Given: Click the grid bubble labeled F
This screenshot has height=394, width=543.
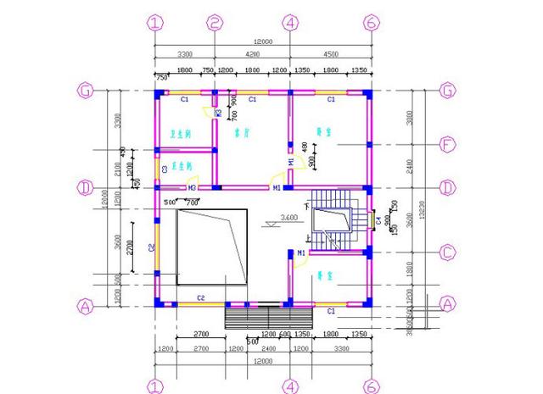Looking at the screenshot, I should pyautogui.click(x=450, y=145).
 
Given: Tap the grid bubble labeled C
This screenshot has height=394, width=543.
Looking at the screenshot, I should pyautogui.click(x=450, y=252).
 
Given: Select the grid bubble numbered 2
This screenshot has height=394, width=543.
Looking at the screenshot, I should pyautogui.click(x=216, y=23).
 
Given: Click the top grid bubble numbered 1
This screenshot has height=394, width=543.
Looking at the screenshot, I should pyautogui.click(x=154, y=23).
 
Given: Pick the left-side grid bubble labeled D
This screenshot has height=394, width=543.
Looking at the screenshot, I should pyautogui.click(x=84, y=186).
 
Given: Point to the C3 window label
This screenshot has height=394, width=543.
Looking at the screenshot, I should pyautogui.click(x=165, y=169).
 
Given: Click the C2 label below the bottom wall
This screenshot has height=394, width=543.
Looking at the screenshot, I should pyautogui.click(x=202, y=297).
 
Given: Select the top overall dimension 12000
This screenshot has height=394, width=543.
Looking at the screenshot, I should pyautogui.click(x=263, y=42).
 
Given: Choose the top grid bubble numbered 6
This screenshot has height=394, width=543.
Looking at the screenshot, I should pyautogui.click(x=370, y=23).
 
